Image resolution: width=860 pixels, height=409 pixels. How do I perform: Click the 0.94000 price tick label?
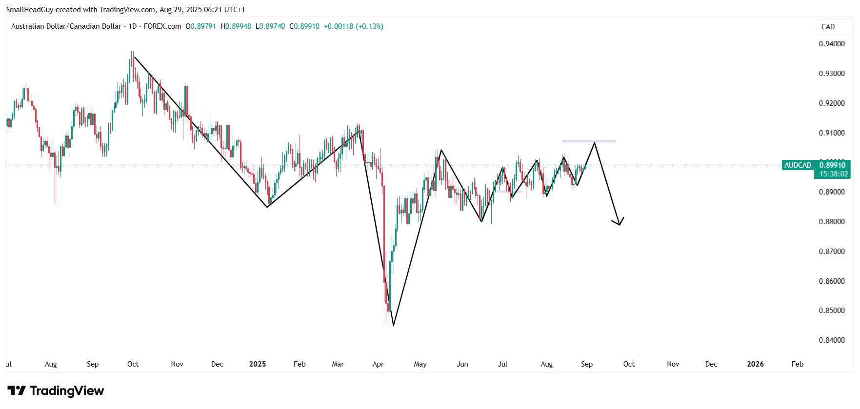click(832, 44)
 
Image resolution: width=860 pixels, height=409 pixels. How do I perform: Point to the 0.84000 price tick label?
click(832, 340)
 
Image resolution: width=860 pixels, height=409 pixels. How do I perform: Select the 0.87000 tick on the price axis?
click(832, 252)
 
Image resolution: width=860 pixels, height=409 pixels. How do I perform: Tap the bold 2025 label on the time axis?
click(258, 364)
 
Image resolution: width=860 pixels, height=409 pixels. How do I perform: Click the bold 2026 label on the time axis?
click(755, 364)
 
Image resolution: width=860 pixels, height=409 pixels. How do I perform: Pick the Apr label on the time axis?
click(378, 364)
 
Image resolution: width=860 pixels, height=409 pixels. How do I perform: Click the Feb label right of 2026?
click(797, 364)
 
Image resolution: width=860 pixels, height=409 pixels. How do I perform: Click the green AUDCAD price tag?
click(798, 165)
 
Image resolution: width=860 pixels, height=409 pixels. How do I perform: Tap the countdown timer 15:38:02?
click(833, 174)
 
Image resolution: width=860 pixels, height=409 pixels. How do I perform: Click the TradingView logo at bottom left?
click(56, 391)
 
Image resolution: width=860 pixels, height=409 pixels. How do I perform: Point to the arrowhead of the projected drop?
click(619, 224)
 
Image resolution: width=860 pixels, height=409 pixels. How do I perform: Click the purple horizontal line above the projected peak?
click(589, 141)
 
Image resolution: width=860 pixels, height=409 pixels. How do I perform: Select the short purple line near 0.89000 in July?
click(509, 192)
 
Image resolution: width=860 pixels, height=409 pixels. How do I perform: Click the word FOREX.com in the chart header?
click(162, 26)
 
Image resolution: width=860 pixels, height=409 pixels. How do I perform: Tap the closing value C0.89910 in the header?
click(304, 26)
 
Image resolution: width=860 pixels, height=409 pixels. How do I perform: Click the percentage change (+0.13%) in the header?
click(369, 26)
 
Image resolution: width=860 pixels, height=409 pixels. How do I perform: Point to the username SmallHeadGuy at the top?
click(30, 10)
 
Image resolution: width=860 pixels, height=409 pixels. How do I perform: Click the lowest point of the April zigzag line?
click(393, 325)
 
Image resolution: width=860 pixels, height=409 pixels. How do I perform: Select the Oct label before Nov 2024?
click(133, 364)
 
